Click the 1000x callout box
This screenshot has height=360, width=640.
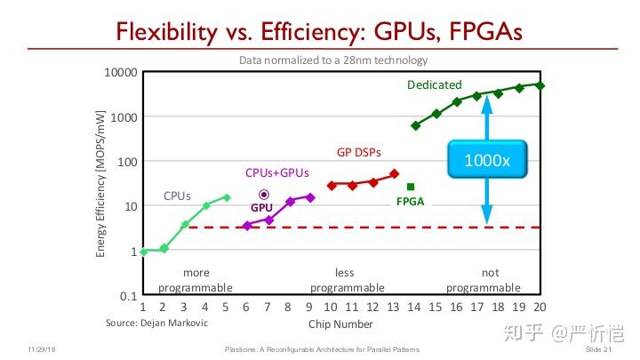coord(487,161)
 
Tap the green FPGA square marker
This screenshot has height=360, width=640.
coord(411,187)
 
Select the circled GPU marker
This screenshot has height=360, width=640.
coord(263,194)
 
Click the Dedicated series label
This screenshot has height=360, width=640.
coord(435,85)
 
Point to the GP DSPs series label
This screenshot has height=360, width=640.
coord(358,152)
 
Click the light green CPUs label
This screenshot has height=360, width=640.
coord(177,196)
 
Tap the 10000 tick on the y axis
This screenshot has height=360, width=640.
coord(119,72)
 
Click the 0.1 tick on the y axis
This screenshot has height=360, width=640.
coord(128,295)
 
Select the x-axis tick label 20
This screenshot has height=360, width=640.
coord(540,308)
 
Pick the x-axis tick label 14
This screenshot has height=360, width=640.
coord(414,308)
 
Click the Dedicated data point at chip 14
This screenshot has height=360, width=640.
coord(415,125)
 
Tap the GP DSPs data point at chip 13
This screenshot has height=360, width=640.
coord(395,173)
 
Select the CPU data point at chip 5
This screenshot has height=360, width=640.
coord(227,197)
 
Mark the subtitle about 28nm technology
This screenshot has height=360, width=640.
coord(333,60)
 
